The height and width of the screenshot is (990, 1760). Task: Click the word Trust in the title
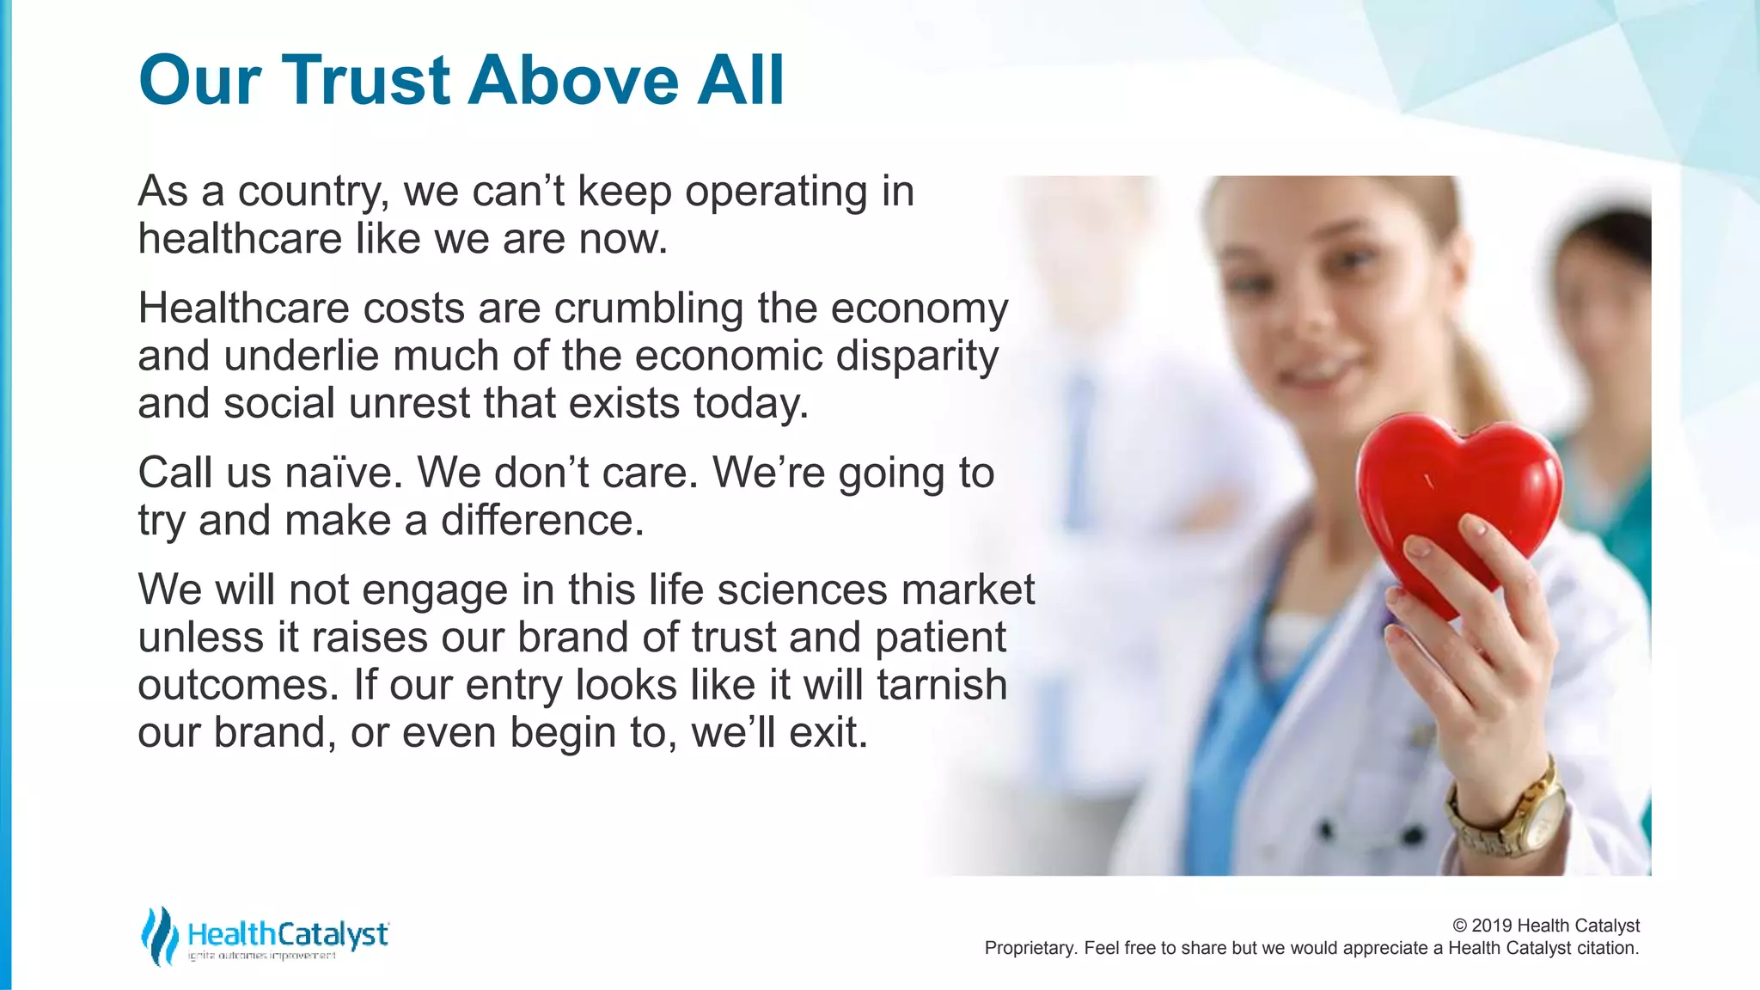coord(366,80)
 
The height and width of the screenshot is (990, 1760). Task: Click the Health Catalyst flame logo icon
coord(159,936)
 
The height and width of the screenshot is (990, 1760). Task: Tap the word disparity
coord(917,356)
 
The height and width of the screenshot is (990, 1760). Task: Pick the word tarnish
coord(942,685)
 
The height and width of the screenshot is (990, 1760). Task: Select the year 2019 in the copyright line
coord(1493,926)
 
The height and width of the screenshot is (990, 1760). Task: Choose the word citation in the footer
coord(1607,948)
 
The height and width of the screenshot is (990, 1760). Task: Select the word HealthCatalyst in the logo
coord(288,933)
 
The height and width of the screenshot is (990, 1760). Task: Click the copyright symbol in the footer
coord(1460,926)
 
